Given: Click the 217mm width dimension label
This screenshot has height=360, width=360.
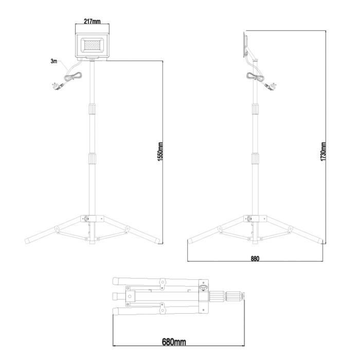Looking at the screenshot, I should (91, 22).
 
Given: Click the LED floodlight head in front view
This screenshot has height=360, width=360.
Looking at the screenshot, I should (91, 46).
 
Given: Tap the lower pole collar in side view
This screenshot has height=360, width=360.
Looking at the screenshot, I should (255, 159).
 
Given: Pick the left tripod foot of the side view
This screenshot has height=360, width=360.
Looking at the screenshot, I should (191, 240).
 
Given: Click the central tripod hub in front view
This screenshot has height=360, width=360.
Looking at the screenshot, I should (91, 220).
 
